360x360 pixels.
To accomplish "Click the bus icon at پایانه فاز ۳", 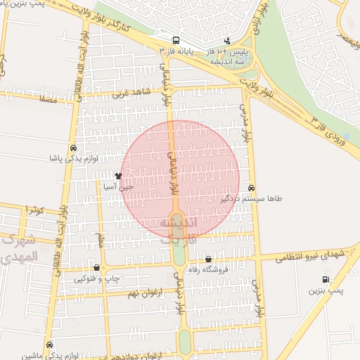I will (175, 40).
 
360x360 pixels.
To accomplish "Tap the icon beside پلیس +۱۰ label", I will (226, 40).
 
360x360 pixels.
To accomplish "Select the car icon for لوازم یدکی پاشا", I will (74, 148).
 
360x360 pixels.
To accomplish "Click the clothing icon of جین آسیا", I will (117, 176).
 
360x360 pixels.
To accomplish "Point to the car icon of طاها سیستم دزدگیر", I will (251, 188).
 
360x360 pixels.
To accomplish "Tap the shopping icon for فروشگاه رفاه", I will (208, 258).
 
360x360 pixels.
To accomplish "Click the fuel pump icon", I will (325, 279).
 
